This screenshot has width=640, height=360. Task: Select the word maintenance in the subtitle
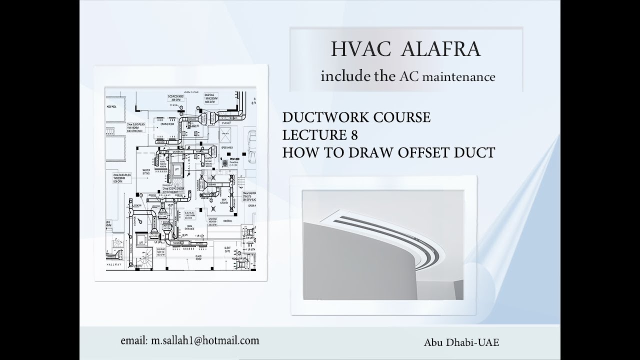point(460,76)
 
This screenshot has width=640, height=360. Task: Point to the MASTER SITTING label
point(146,171)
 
